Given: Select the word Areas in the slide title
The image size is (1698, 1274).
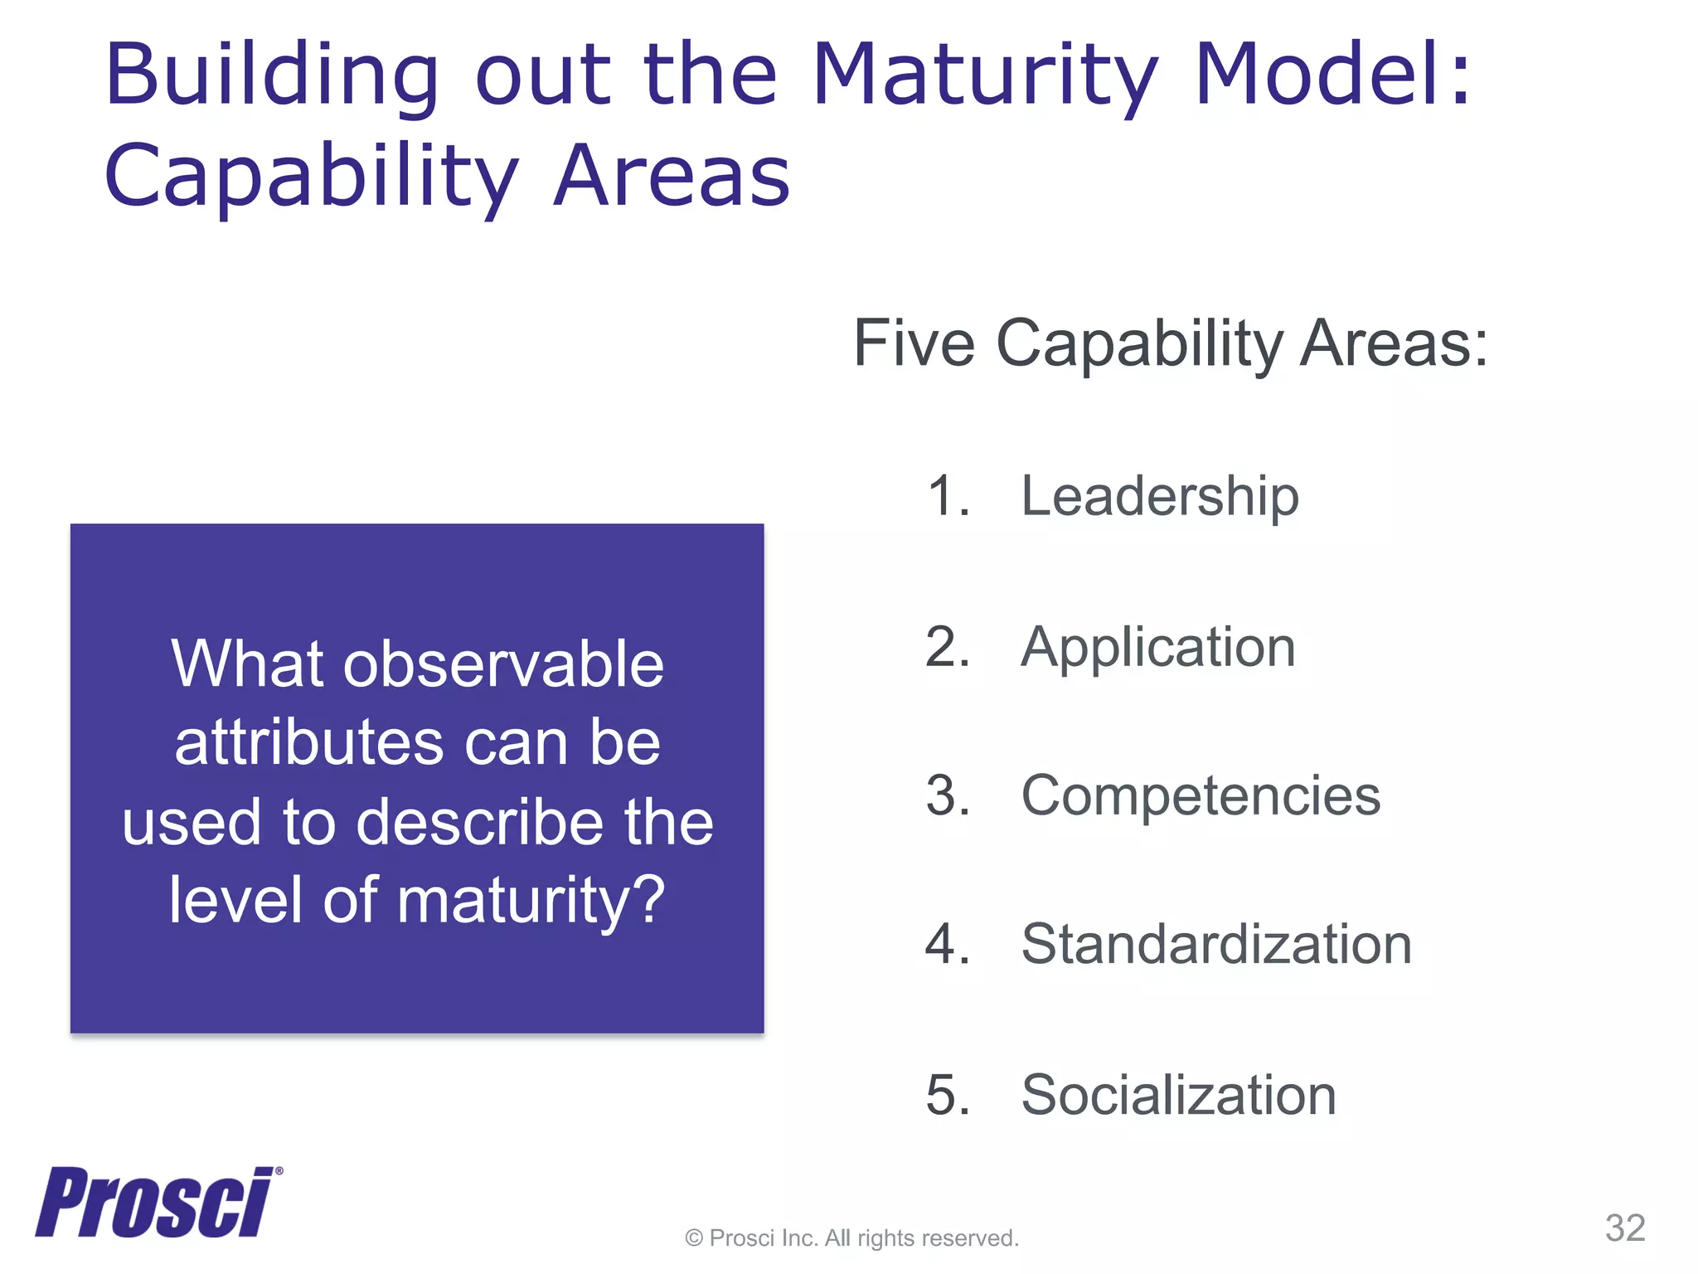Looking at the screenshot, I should coord(672,177).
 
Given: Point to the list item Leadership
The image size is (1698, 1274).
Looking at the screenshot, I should coord(1159,497).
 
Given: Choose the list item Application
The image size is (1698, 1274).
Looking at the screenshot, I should coord(1157,647).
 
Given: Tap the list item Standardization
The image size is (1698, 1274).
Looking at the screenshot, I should coord(1216,945).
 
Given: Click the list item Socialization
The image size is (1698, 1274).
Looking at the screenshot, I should coord(1178,1095).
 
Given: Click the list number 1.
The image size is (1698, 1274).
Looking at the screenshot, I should coord(946,497).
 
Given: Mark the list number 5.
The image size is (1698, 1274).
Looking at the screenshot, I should coord(946,1095).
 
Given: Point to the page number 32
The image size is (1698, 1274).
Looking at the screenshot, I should coord(1624,1228).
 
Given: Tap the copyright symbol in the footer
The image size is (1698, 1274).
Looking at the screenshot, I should coord(694,1239).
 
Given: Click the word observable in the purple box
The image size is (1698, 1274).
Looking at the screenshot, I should coord(503,665).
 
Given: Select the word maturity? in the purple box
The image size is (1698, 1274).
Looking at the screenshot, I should coord(531,901).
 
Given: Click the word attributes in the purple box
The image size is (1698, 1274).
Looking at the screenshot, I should coord(309,743).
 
